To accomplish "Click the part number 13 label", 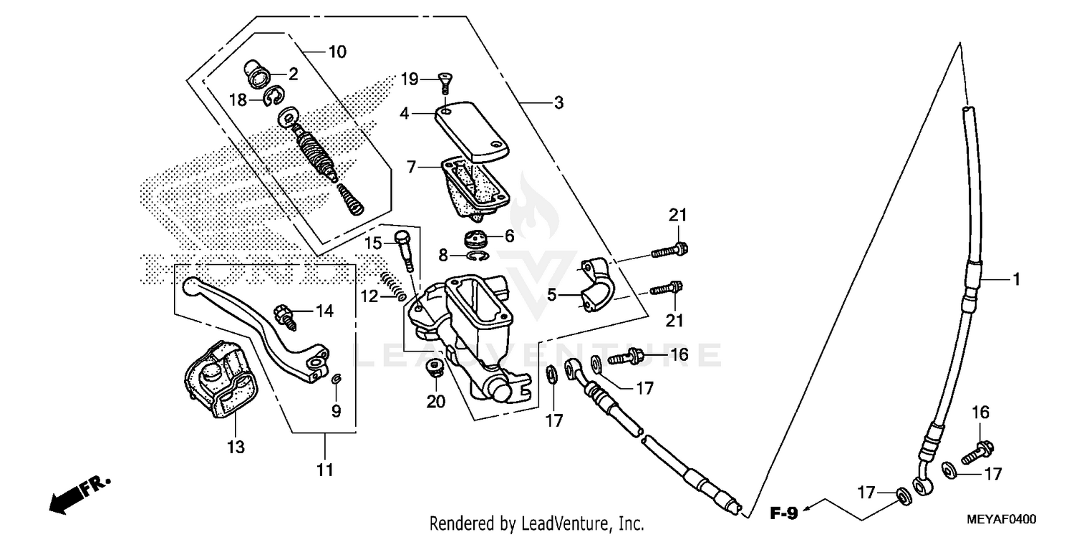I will [236, 447].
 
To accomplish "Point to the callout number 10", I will [337, 52].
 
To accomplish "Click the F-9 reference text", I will [785, 513].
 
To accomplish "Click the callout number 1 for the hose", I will [1015, 279].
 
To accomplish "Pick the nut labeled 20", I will [432, 369].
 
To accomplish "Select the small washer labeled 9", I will [336, 379].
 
